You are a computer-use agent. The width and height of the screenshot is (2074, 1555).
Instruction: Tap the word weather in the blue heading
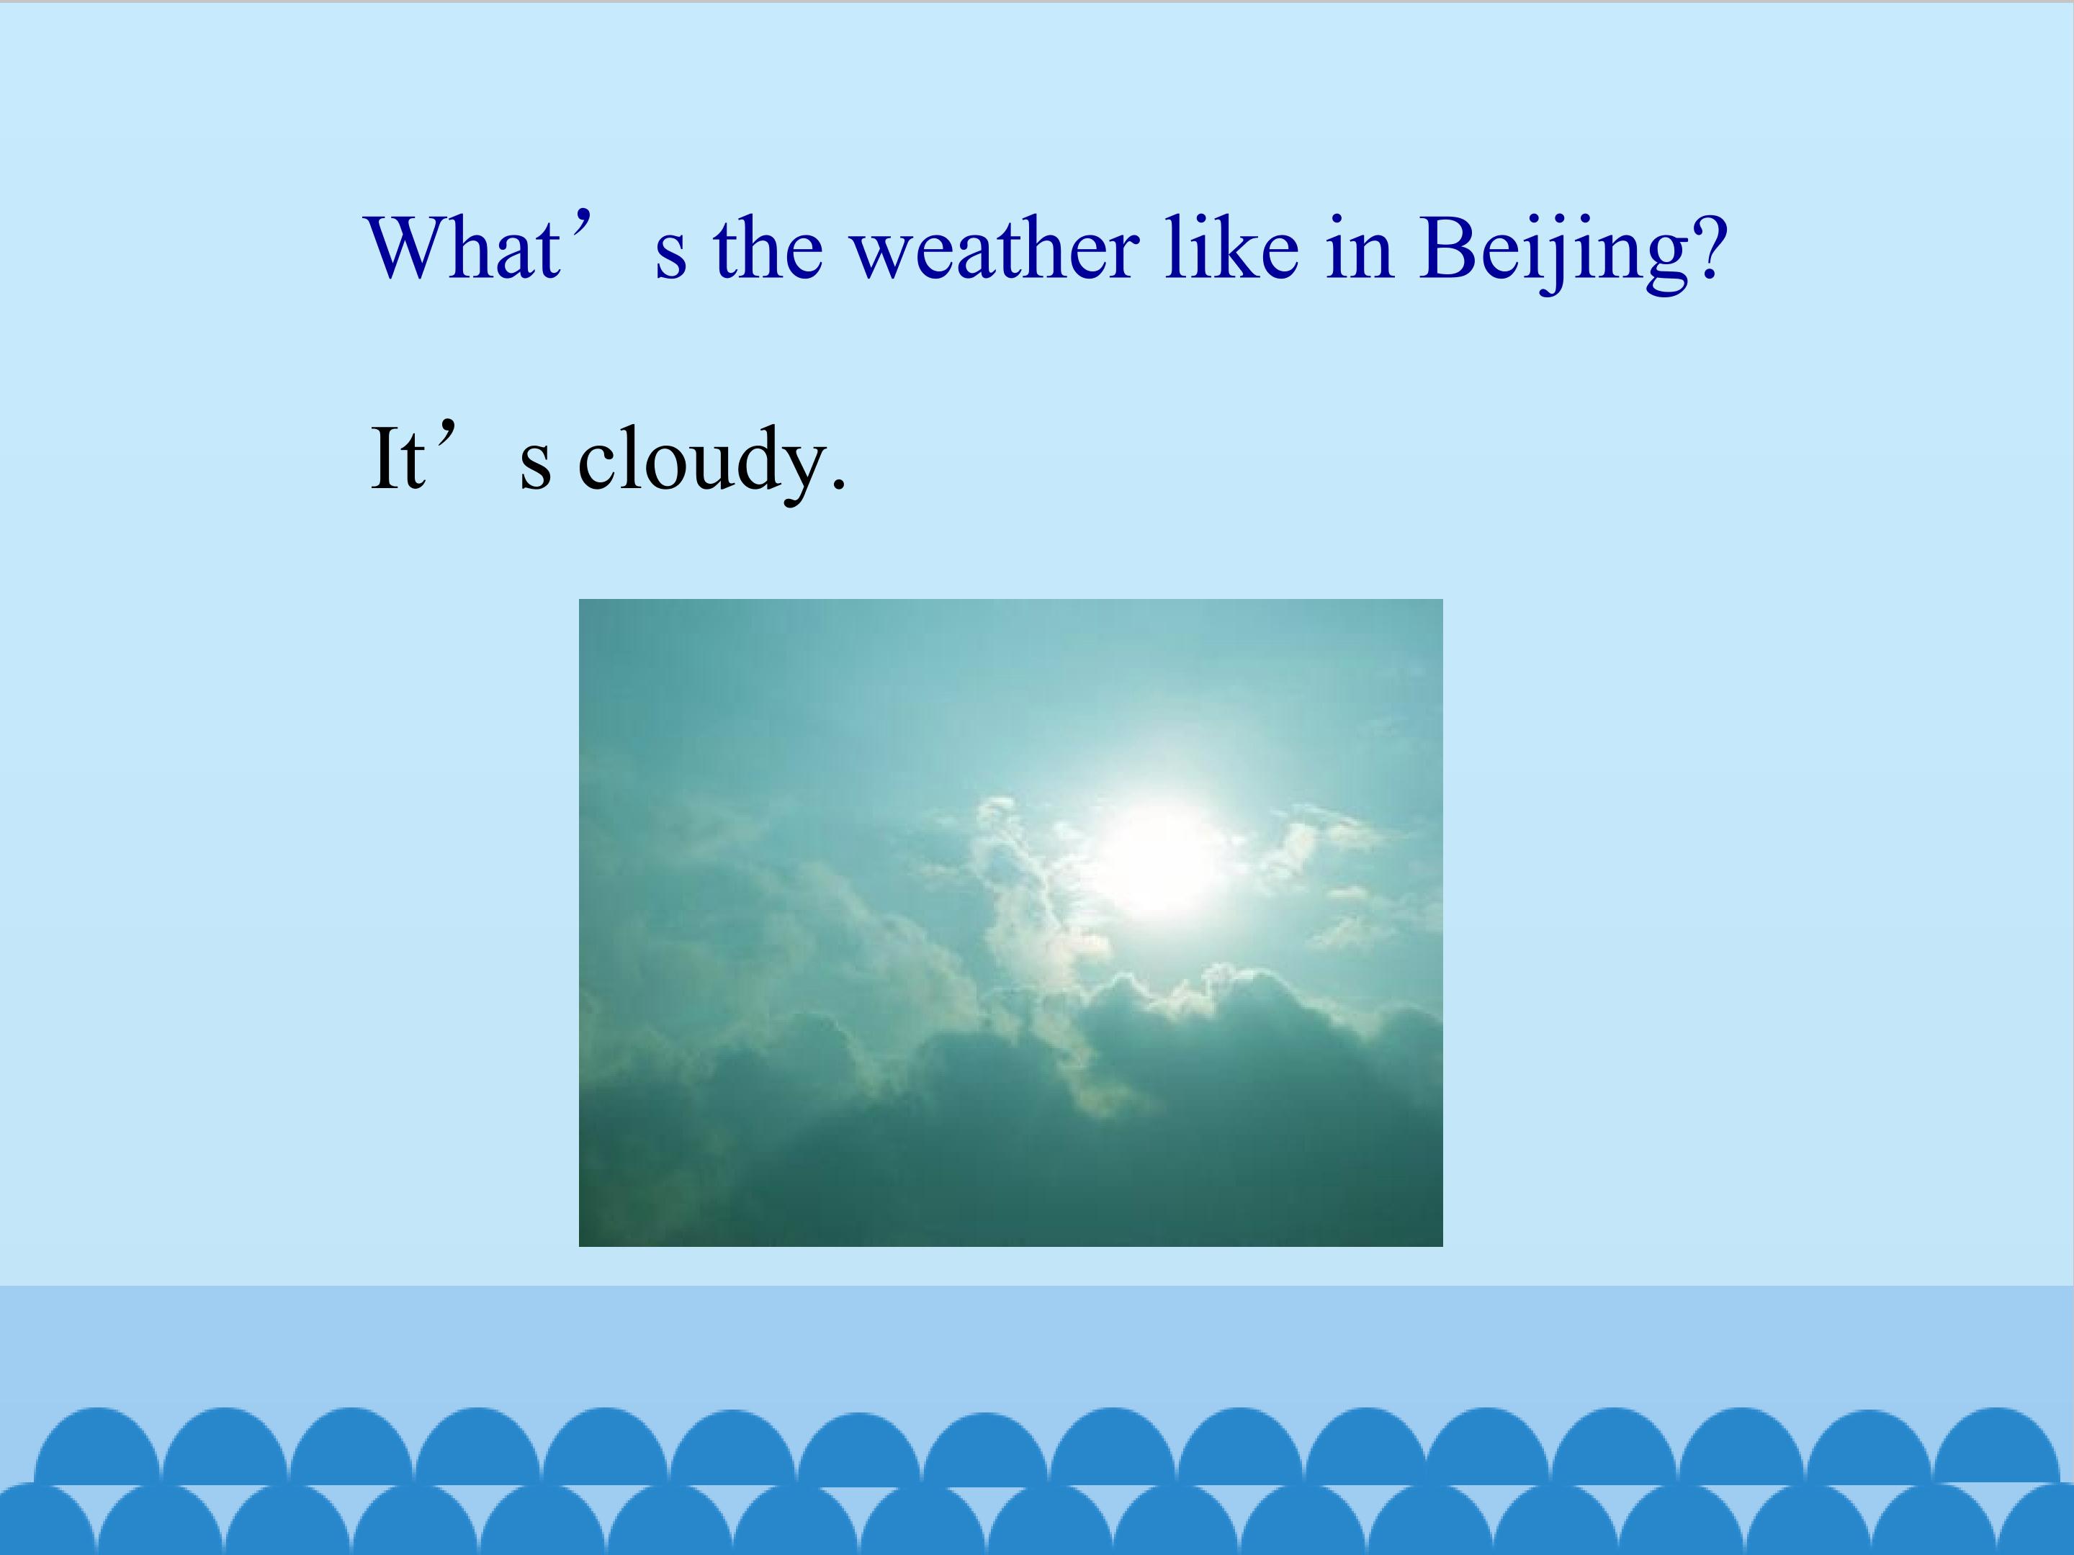click(994, 248)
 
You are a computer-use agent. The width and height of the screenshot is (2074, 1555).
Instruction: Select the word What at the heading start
click(463, 248)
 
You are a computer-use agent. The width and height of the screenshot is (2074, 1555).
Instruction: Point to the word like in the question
click(1231, 248)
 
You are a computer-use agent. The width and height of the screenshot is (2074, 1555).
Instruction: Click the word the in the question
click(768, 248)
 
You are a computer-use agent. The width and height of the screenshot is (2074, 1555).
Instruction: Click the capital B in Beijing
click(1449, 248)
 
